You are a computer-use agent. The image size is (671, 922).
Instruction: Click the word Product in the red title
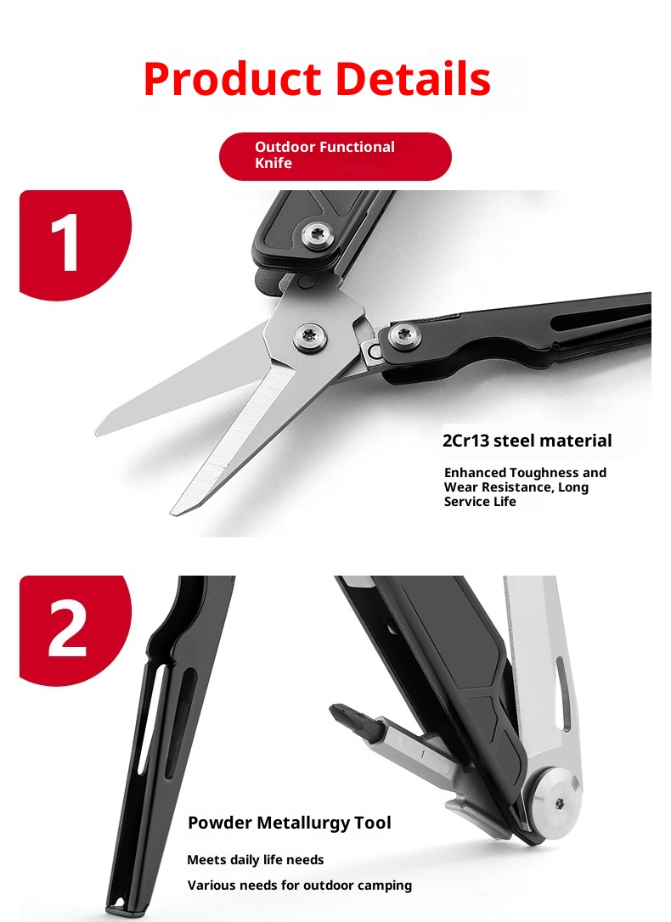pos(232,79)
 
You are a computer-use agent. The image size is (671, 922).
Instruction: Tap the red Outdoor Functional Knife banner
pos(335,156)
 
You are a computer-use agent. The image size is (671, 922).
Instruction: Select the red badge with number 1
pos(76,245)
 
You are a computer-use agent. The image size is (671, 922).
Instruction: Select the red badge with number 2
pos(76,630)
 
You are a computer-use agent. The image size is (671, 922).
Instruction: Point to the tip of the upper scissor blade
pos(98,433)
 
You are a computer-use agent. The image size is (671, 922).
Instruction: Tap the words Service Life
pos(480,502)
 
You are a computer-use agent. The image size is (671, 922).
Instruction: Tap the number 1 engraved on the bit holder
pos(422,753)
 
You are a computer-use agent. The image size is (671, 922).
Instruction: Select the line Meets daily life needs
pos(255,860)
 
